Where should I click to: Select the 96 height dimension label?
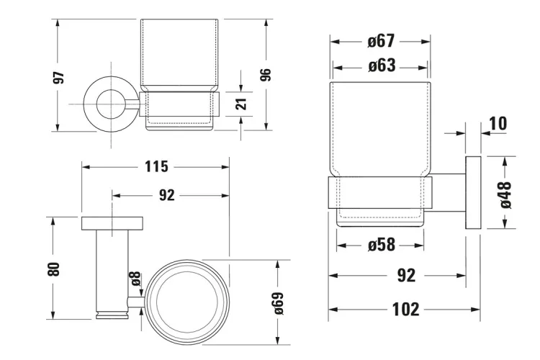pos(265,75)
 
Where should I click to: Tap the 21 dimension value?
pos(242,103)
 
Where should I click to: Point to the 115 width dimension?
pos(156,166)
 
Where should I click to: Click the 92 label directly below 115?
pos(166,195)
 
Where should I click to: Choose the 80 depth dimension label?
pos(53,269)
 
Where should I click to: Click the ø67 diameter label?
pos(380,41)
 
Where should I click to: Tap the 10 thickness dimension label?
pos(497,123)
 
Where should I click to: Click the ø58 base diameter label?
pos(382,245)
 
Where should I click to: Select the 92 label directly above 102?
pos(406,275)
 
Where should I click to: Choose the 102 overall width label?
pos(405,310)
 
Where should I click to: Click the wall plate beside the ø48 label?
pos(474,193)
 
